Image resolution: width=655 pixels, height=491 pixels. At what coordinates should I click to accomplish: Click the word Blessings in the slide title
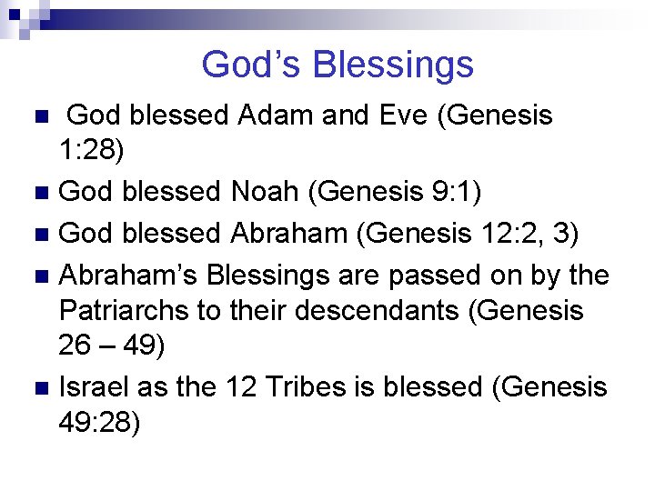pyautogui.click(x=392, y=65)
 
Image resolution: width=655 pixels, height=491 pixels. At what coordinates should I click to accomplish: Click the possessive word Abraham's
pyautogui.click(x=127, y=272)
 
